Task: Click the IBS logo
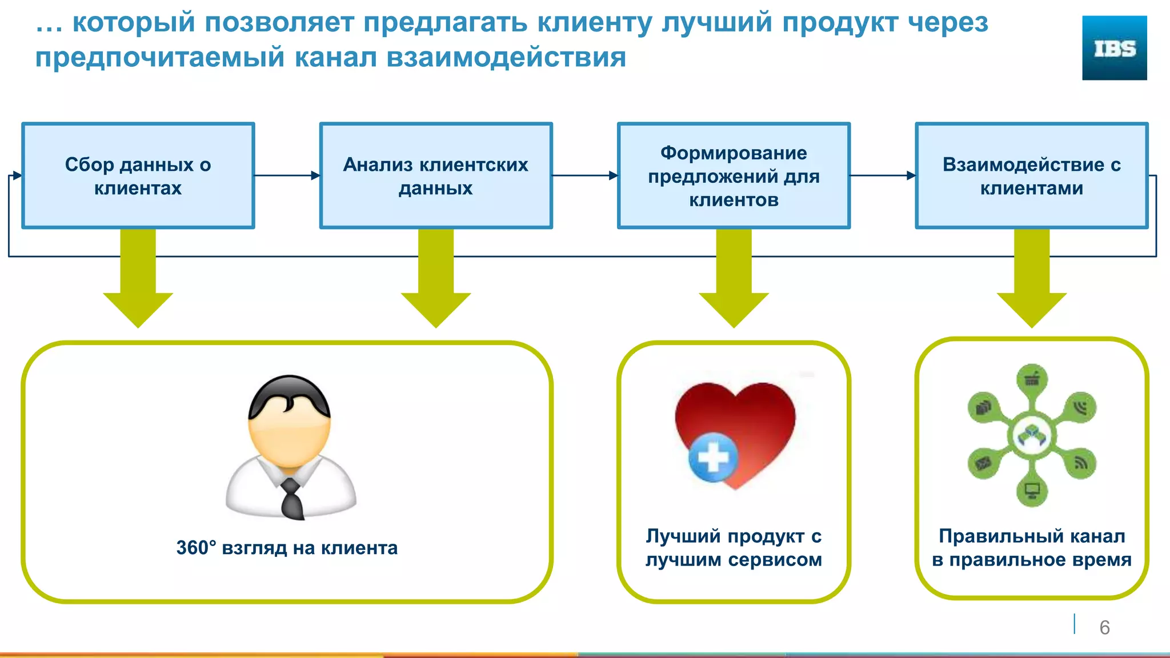[x=1114, y=48]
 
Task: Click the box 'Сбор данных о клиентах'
[x=138, y=176]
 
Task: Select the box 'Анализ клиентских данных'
[x=436, y=176]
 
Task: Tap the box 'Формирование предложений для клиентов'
[x=734, y=176]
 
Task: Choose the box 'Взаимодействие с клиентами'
[x=1032, y=176]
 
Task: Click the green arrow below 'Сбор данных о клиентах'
[x=138, y=280]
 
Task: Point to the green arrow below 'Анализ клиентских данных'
[x=436, y=280]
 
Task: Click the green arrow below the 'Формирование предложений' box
[x=734, y=280]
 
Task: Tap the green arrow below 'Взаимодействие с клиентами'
[x=1032, y=280]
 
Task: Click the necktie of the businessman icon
[x=292, y=498]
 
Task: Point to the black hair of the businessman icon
[x=289, y=394]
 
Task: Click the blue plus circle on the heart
[x=713, y=458]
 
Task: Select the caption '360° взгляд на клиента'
[x=287, y=548]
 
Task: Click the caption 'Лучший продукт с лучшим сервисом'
[x=734, y=548]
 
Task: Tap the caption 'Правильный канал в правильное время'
[x=1032, y=548]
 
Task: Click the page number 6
[x=1104, y=628]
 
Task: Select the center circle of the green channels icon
[x=1032, y=436]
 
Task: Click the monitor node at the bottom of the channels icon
[x=1032, y=491]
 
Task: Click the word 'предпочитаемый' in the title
[x=159, y=58]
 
